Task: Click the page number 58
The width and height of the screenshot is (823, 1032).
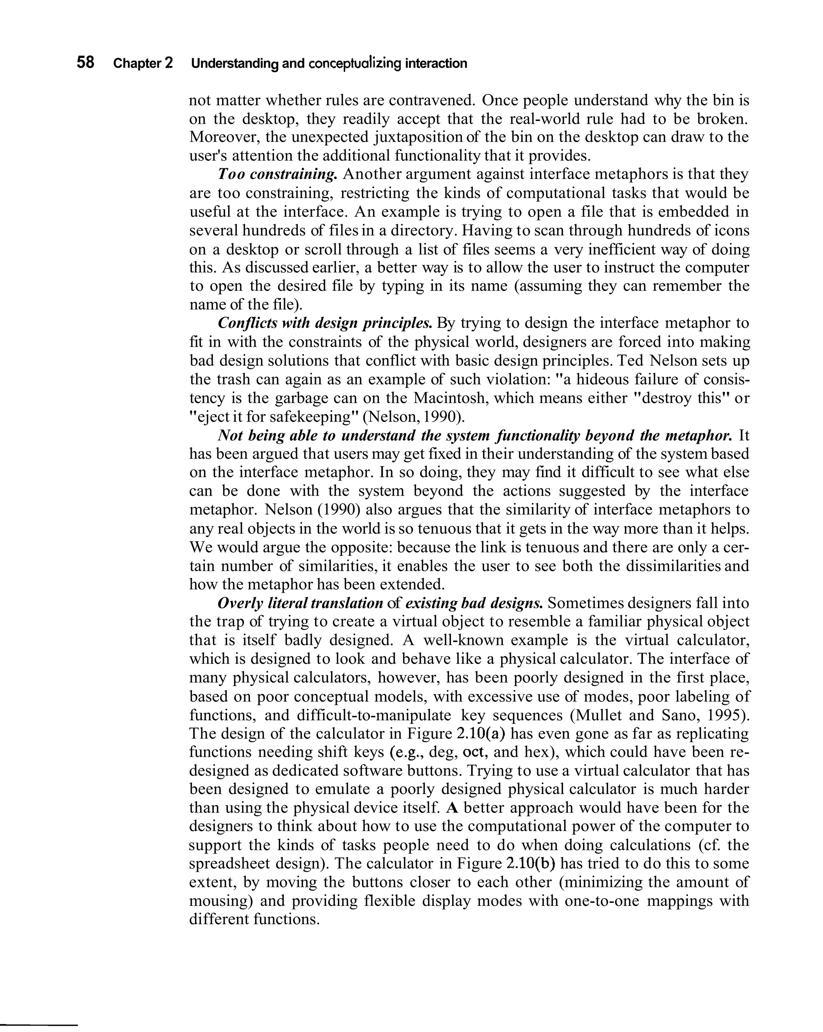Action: click(x=85, y=63)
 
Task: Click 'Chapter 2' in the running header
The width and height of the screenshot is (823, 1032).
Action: click(x=143, y=63)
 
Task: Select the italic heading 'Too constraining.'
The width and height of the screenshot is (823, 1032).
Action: click(x=278, y=174)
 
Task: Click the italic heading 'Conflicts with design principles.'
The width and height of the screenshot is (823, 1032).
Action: click(x=325, y=323)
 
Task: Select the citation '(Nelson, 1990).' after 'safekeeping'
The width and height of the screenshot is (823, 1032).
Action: click(x=414, y=417)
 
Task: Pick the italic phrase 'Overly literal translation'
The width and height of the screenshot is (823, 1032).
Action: click(x=300, y=603)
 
